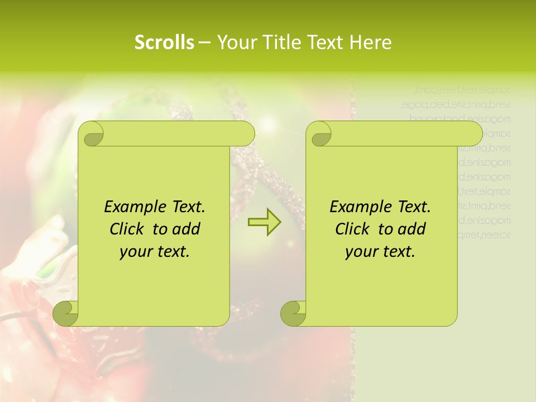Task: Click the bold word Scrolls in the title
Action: (164, 42)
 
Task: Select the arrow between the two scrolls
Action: (265, 222)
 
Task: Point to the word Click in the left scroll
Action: (128, 229)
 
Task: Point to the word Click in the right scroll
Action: (354, 229)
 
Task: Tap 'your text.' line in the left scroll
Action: (155, 252)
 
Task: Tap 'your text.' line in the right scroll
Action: (380, 252)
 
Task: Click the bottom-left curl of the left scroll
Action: (66, 313)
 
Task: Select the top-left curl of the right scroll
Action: (320, 135)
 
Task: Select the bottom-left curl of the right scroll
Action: (293, 313)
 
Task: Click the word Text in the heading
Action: (326, 42)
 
